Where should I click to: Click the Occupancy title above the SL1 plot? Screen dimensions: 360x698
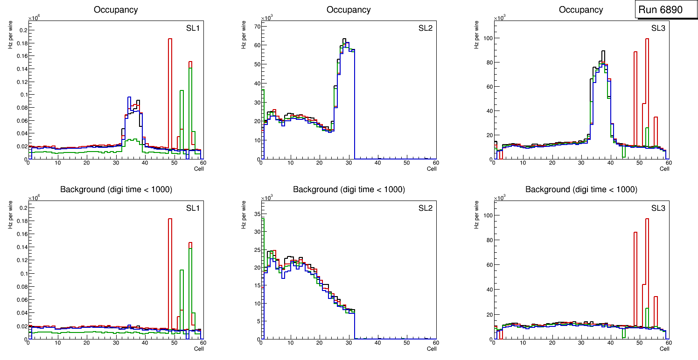[116, 9]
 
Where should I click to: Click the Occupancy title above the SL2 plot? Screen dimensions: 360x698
[349, 9]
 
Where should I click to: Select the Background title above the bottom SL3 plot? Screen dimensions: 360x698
[581, 189]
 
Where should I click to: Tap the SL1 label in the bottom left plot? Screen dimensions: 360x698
[193, 208]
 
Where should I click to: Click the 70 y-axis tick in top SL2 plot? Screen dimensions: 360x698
[256, 26]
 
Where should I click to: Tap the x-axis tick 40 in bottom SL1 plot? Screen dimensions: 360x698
[145, 343]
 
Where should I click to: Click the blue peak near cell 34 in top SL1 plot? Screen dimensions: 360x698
[129, 97]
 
